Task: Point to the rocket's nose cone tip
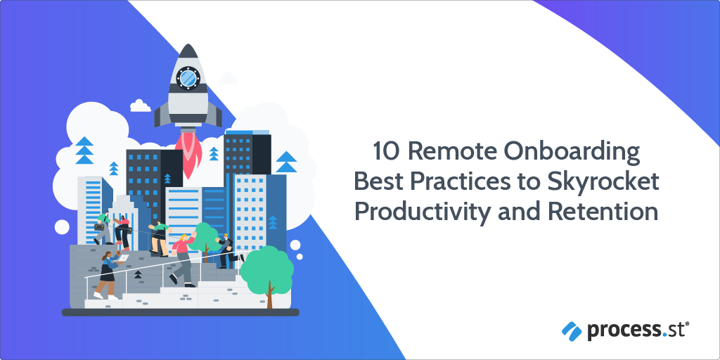pyautogui.click(x=188, y=48)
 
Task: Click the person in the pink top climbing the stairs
pyautogui.click(x=183, y=257)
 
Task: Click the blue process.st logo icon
pyautogui.click(x=571, y=328)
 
